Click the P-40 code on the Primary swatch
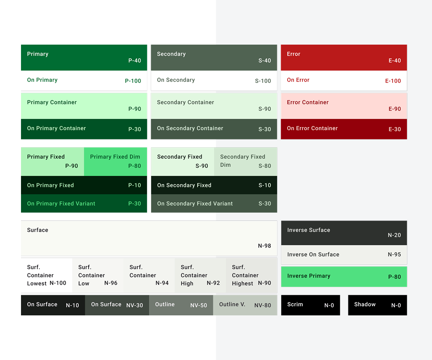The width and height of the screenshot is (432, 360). click(135, 60)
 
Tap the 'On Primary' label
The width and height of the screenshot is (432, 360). click(42, 80)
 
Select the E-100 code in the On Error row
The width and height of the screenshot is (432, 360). click(393, 81)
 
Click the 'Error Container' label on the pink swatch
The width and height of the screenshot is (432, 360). click(307, 102)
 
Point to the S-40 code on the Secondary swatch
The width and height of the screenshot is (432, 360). click(264, 60)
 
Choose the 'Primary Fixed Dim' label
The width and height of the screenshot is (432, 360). click(115, 157)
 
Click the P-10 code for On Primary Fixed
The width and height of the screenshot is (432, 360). click(135, 185)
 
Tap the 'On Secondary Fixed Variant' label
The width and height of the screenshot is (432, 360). click(195, 204)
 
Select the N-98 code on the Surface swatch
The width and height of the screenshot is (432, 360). click(264, 246)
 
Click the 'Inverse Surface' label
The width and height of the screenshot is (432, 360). click(309, 230)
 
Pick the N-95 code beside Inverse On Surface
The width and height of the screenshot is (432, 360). click(394, 254)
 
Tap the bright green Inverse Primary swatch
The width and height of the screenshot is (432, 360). click(344, 277)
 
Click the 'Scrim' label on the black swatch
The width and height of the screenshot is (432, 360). click(295, 304)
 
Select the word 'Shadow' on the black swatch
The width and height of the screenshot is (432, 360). click(364, 304)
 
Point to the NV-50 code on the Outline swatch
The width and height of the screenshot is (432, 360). click(198, 305)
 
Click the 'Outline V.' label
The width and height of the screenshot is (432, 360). click(232, 304)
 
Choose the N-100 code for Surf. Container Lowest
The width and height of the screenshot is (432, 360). click(58, 283)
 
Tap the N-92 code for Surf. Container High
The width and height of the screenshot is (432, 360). click(213, 283)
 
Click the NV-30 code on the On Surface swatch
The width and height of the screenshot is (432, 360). click(134, 305)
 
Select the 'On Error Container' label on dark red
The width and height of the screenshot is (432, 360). click(312, 128)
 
